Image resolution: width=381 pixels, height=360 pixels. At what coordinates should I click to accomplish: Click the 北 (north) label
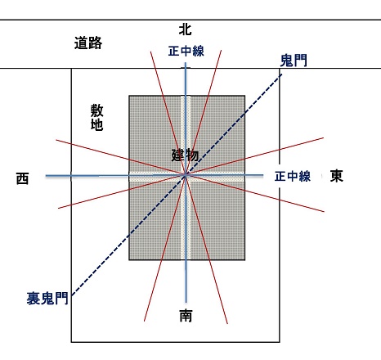(185, 29)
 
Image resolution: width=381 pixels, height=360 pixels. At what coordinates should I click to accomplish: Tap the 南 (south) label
(186, 315)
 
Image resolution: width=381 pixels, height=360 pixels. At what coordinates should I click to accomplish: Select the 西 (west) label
(22, 178)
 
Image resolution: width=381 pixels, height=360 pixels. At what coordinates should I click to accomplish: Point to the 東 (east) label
(337, 176)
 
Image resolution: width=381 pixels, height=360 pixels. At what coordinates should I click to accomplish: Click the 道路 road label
(88, 43)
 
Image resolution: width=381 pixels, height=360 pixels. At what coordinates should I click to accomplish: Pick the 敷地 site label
(96, 118)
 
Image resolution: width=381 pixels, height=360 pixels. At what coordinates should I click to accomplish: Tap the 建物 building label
(185, 155)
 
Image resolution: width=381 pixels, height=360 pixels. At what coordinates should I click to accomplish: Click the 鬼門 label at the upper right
(294, 61)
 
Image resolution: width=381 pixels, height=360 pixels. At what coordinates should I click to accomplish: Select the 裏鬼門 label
(47, 299)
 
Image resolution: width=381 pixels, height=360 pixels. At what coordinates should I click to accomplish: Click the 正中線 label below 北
(186, 51)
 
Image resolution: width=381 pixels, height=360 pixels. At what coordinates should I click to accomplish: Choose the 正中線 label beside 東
(293, 176)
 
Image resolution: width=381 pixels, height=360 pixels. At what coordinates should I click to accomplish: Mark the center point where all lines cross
(186, 175)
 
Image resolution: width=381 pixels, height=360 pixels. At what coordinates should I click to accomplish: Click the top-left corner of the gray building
(129, 96)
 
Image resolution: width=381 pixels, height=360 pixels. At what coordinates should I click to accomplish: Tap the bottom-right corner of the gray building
(245, 260)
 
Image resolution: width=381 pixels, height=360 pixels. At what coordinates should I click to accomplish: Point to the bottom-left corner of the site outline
(71, 342)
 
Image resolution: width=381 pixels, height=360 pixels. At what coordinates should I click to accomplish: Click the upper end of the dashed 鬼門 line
(282, 74)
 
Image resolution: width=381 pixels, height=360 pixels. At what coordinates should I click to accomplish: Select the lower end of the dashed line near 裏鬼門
(72, 295)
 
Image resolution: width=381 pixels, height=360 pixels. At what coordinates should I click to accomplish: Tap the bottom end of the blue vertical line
(186, 302)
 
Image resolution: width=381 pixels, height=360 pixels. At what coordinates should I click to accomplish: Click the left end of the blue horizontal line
(46, 176)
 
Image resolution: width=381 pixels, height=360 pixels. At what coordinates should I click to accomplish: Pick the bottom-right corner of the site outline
(280, 342)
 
